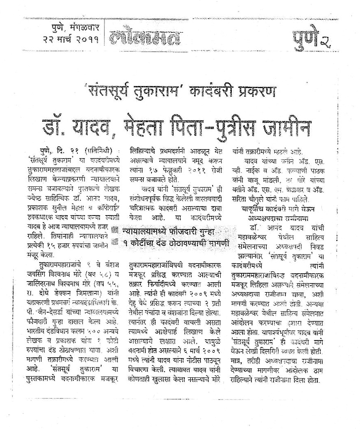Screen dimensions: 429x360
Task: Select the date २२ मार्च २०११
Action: point(71,39)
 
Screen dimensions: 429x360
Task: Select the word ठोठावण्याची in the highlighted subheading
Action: point(190,243)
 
